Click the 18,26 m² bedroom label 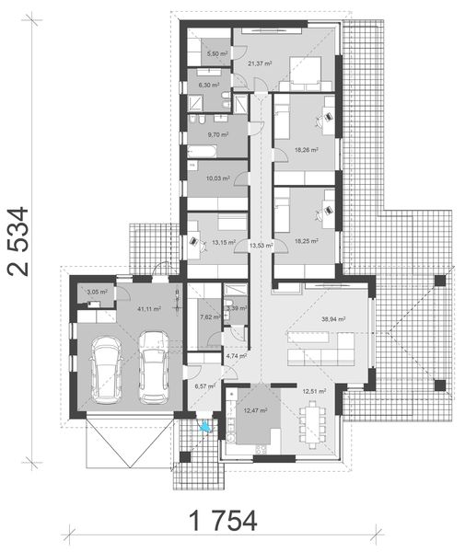(x=306, y=149)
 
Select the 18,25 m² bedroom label (x=306, y=241)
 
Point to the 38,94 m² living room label (x=333, y=318)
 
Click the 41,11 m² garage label (x=149, y=309)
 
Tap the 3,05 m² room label (x=97, y=292)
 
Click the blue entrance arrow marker (x=205, y=425)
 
